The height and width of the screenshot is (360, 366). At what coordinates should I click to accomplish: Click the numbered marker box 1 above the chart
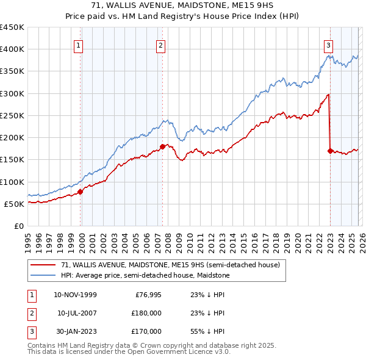[x=79, y=45]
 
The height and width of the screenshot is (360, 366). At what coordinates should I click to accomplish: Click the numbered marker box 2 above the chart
[x=160, y=45]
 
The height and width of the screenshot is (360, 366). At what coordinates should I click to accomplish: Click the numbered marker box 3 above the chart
[x=328, y=45]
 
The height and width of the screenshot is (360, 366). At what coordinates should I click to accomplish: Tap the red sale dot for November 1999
[x=80, y=192]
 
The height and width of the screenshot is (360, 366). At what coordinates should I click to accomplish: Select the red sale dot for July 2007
[x=163, y=146]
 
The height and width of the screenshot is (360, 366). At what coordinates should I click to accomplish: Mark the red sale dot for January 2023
[x=330, y=151]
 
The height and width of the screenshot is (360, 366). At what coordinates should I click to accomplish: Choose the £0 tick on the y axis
[x=19, y=226]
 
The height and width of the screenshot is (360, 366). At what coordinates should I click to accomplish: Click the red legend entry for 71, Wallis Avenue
[x=170, y=265]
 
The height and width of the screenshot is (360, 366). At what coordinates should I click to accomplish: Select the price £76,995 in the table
[x=147, y=294]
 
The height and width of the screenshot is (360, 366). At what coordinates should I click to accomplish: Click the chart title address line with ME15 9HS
[x=183, y=6]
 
